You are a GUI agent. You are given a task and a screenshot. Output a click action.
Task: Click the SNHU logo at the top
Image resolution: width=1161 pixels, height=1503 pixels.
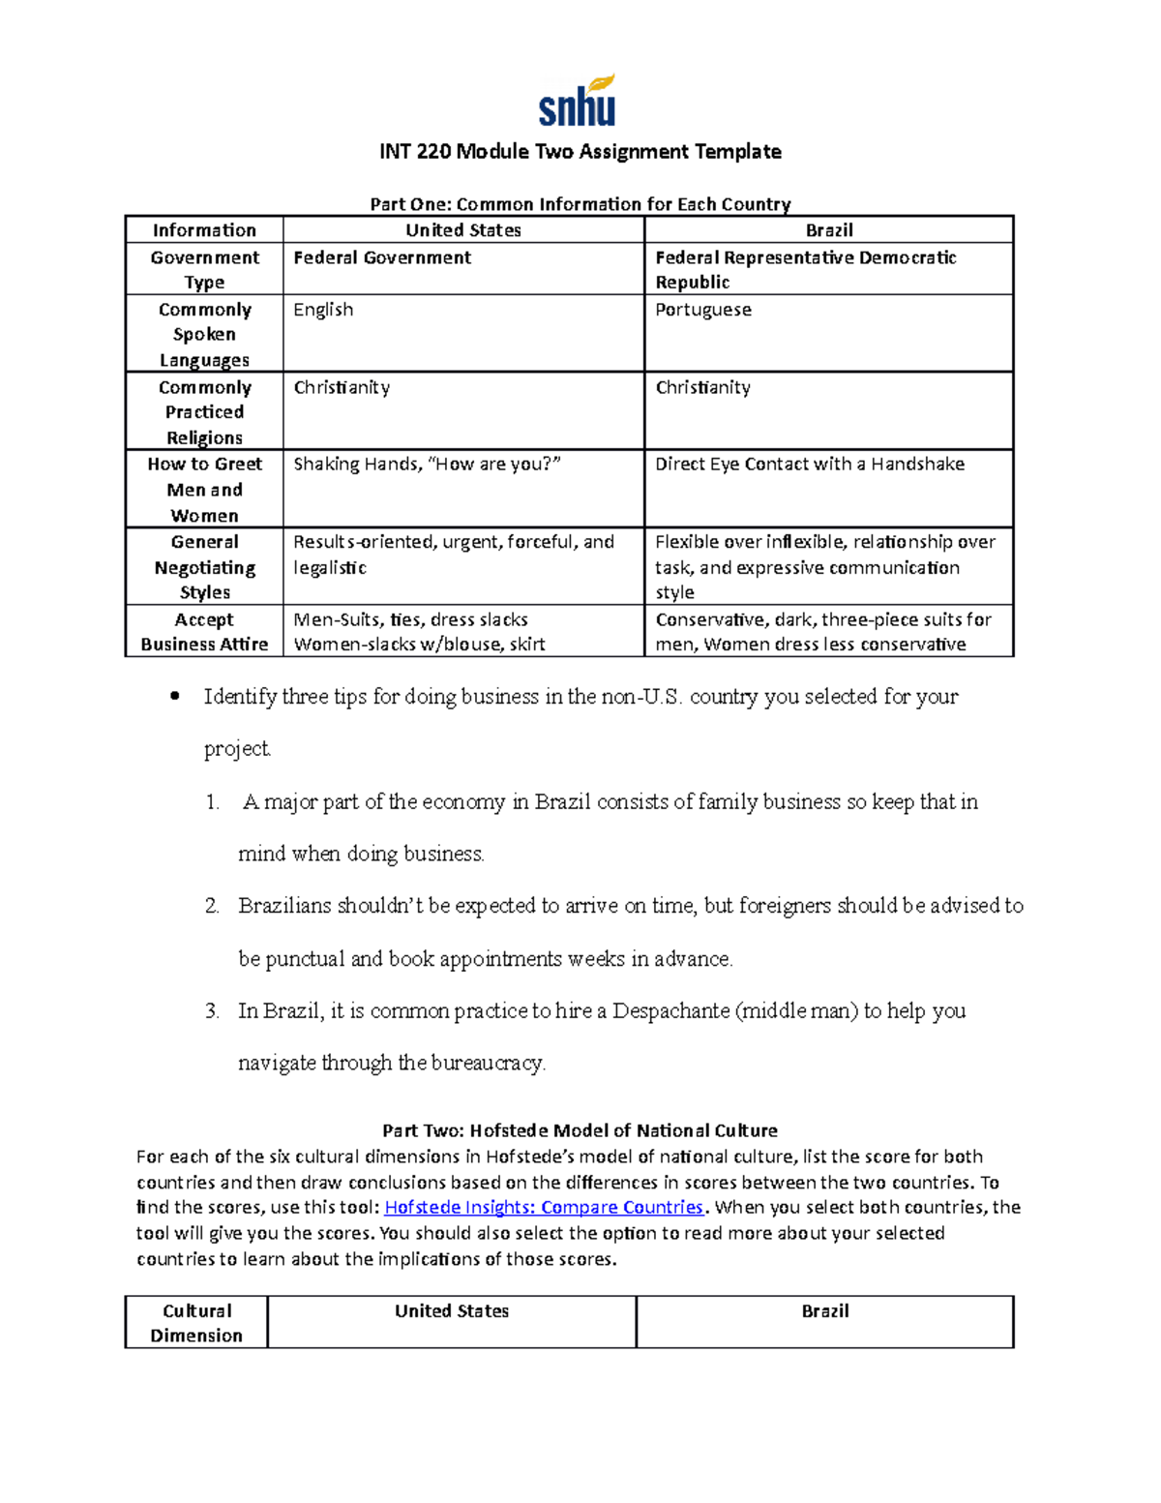[x=578, y=102]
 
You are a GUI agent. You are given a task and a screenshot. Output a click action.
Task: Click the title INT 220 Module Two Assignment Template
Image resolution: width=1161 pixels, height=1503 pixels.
[x=580, y=152]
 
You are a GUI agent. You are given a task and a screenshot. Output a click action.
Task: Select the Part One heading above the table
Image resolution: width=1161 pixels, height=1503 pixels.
[x=580, y=204]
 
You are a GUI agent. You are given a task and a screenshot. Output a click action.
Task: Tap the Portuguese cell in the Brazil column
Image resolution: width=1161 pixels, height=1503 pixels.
[x=703, y=310]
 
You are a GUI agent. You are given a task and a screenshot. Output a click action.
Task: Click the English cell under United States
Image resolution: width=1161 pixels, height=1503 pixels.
[x=323, y=310]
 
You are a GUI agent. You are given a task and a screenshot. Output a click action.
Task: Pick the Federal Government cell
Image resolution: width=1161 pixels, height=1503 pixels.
[x=382, y=257]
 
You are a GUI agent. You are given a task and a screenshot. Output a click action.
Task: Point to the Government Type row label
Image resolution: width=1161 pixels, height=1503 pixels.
[x=204, y=269]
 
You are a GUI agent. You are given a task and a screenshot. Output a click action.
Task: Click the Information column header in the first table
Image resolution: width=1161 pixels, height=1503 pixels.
[x=204, y=230]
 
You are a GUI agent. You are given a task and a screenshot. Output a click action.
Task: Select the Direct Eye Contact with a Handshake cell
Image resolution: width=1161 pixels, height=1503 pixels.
[x=809, y=465]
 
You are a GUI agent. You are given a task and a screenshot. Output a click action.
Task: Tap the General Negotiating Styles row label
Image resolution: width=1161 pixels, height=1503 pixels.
[x=204, y=567]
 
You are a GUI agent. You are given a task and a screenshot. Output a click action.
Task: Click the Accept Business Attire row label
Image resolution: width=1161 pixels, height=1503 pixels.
[x=204, y=631]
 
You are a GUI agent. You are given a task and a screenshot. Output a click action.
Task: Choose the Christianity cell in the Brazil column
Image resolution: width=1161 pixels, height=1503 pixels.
[x=702, y=387]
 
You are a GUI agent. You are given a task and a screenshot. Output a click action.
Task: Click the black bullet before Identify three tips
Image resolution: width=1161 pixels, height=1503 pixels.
[x=175, y=696]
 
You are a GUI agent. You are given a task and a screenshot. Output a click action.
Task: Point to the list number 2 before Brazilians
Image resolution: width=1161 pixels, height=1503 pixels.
[x=212, y=906]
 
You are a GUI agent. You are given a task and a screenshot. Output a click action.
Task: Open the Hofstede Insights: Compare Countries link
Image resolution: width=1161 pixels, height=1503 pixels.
[x=545, y=1207]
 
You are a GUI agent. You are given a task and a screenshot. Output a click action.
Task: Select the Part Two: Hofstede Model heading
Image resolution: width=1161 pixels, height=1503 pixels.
[x=580, y=1130]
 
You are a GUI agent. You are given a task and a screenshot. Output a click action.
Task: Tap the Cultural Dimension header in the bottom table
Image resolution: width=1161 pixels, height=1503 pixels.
[x=196, y=1323]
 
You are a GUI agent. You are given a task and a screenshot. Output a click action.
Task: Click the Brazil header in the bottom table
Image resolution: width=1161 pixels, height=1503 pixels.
[x=824, y=1311]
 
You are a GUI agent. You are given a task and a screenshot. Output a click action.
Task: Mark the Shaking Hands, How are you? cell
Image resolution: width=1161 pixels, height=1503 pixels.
[x=427, y=465]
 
